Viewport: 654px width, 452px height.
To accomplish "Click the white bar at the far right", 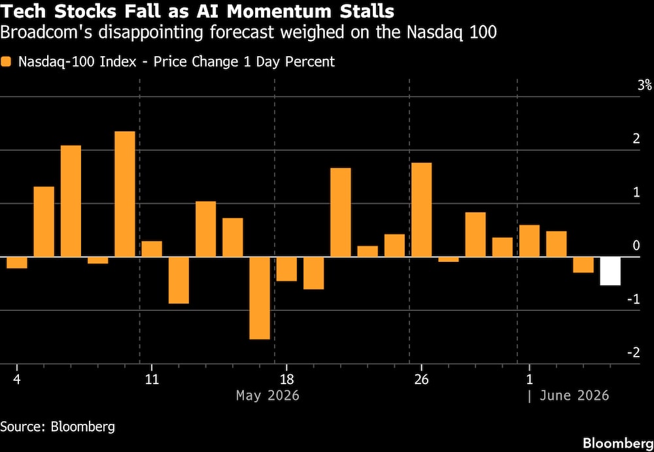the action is pyautogui.click(x=610, y=271).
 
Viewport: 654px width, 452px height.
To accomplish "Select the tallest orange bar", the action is pyautogui.click(x=125, y=194).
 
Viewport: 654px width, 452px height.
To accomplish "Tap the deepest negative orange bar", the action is pyautogui.click(x=260, y=299).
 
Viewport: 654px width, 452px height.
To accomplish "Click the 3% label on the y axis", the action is pyautogui.click(x=644, y=86).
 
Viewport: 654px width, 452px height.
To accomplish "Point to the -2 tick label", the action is pyautogui.click(x=633, y=353).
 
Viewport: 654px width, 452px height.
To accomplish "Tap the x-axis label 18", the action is pyautogui.click(x=286, y=380).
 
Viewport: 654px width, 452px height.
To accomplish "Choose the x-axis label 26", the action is pyautogui.click(x=421, y=380).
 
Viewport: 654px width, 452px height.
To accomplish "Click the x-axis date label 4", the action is pyautogui.click(x=17, y=380).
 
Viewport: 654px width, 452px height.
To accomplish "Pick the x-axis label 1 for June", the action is pyautogui.click(x=529, y=380).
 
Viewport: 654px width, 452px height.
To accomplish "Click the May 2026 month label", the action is pyautogui.click(x=267, y=395).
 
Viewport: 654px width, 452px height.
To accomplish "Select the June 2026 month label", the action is pyautogui.click(x=574, y=395).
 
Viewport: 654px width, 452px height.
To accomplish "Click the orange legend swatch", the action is pyautogui.click(x=7, y=62).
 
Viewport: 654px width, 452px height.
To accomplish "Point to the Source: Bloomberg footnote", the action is pyautogui.click(x=58, y=427).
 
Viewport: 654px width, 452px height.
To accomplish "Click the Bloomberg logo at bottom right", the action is pyautogui.click(x=618, y=442).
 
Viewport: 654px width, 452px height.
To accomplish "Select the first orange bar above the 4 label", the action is pyautogui.click(x=17, y=263).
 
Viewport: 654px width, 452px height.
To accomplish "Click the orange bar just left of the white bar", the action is pyautogui.click(x=583, y=265).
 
